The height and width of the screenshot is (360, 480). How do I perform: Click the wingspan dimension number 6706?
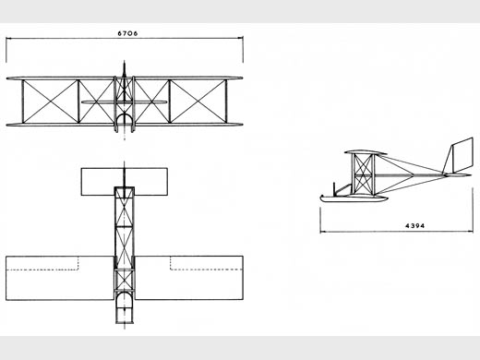pyautogui.click(x=127, y=33)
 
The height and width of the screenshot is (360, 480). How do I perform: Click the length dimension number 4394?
pyautogui.click(x=415, y=225)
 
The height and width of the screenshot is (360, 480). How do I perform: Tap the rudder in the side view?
pyautogui.click(x=462, y=155)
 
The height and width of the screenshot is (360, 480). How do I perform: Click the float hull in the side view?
pyautogui.click(x=353, y=198)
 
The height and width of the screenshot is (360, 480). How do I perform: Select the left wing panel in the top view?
pyautogui.click(x=60, y=278)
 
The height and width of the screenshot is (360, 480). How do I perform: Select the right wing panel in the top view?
pyautogui.click(x=189, y=278)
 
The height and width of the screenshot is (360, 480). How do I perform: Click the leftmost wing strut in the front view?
pyautogui.click(x=22, y=102)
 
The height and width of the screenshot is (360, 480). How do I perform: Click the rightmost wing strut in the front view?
pyautogui.click(x=226, y=102)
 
